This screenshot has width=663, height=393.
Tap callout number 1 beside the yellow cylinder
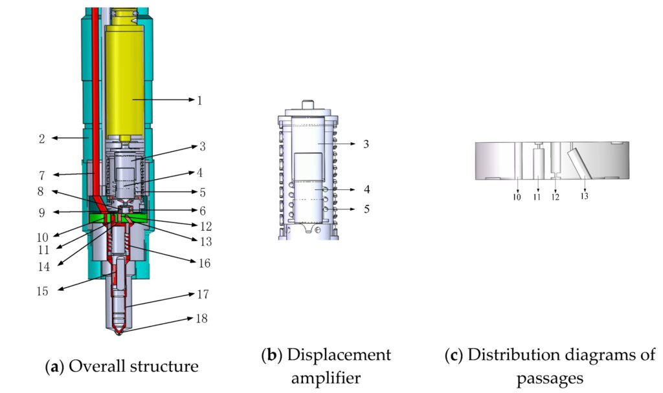pyautogui.click(x=200, y=100)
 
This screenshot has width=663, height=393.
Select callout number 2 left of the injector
pyautogui.click(x=41, y=138)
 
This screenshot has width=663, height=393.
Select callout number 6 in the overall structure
pyautogui.click(x=202, y=211)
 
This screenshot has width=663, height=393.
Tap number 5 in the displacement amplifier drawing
pyautogui.click(x=366, y=209)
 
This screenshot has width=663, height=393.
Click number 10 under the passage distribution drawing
pyautogui.click(x=517, y=197)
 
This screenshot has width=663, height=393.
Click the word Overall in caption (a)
pyautogui.click(x=95, y=366)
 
